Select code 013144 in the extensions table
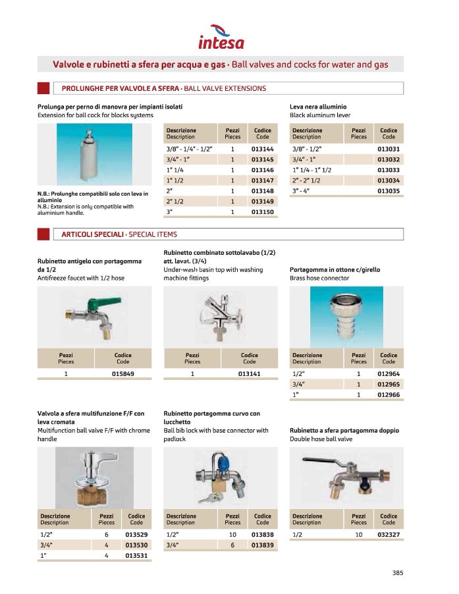click(x=262, y=150)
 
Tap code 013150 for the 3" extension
click(x=262, y=212)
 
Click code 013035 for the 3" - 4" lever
click(x=389, y=191)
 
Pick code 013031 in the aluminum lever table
click(x=389, y=150)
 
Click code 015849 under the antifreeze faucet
click(x=123, y=374)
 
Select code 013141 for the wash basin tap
click(x=250, y=374)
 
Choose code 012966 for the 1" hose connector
click(x=389, y=394)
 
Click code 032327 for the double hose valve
click(x=389, y=535)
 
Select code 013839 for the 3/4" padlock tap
click(x=262, y=546)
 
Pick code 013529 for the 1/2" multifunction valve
click(x=136, y=535)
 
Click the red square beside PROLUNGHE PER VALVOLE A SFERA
click(x=43, y=88)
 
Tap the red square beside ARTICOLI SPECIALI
click(x=43, y=234)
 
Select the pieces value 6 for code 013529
click(x=106, y=535)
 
